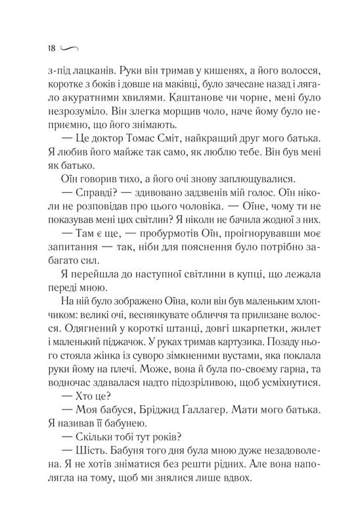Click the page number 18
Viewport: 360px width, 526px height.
coord(53,48)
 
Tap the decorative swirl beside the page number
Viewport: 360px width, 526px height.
coord(69,49)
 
